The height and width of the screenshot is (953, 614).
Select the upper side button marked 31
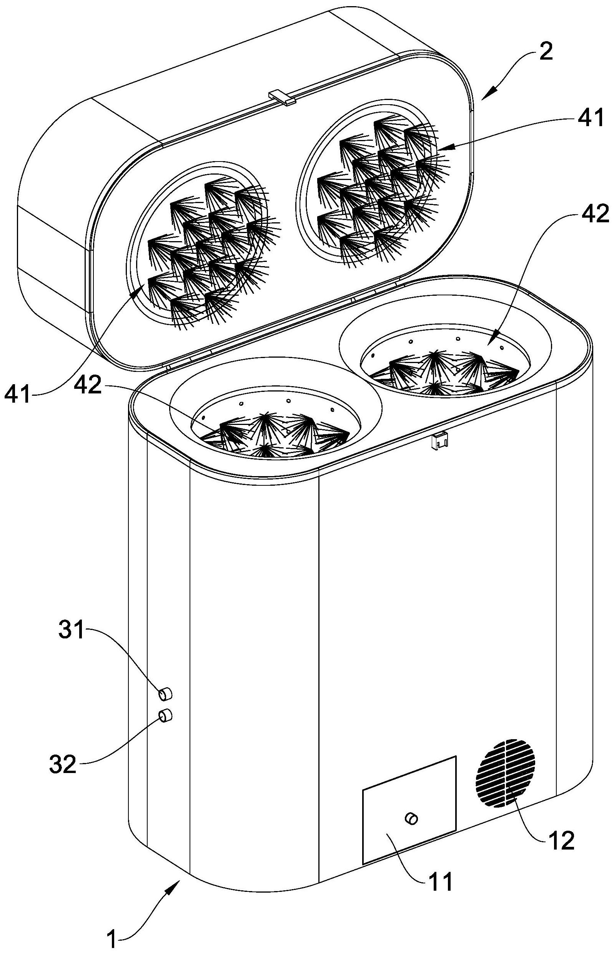[165, 693]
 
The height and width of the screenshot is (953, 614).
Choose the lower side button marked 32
[165, 716]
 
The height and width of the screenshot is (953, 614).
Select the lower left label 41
[18, 395]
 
